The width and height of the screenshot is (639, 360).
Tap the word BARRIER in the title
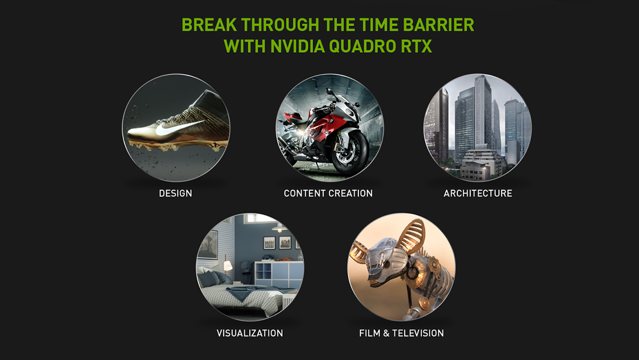[438, 25]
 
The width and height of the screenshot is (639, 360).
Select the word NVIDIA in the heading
[298, 46]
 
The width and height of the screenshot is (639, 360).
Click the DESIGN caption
[175, 193]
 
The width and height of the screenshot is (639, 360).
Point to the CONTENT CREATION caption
[328, 193]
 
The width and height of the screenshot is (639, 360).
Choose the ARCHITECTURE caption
[478, 193]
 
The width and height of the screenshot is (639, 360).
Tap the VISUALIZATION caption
[250, 333]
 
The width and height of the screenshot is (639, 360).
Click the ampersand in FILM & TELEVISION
[386, 333]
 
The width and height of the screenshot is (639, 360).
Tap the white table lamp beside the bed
[228, 266]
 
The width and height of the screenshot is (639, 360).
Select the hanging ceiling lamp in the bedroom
[279, 227]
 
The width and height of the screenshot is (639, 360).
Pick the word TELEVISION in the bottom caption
[418, 333]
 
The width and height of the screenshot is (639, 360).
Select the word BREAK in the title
[209, 25]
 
